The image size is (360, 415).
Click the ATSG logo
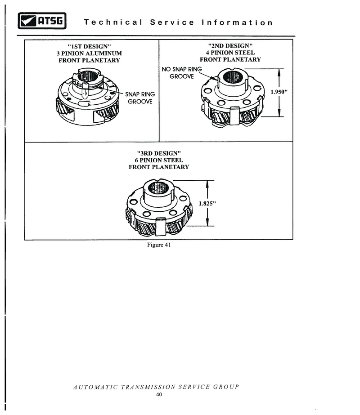[x=42, y=21]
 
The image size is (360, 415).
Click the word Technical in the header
[x=113, y=22]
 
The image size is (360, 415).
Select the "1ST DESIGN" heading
[x=89, y=47]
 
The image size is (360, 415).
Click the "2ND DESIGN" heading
[x=230, y=46]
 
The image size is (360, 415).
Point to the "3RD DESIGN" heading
[x=159, y=153]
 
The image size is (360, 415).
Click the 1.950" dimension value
[x=279, y=92]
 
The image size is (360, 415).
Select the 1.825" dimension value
[x=207, y=203]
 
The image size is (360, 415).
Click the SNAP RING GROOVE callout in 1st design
[x=140, y=98]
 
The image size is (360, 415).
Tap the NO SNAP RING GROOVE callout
[x=182, y=73]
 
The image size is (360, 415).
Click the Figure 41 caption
[x=159, y=245]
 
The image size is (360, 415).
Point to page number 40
[x=159, y=394]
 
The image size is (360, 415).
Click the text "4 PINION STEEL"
[x=230, y=53]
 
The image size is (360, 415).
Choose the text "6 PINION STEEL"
[x=159, y=160]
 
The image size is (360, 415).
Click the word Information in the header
[x=237, y=22]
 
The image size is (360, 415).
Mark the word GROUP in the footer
[x=226, y=387]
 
